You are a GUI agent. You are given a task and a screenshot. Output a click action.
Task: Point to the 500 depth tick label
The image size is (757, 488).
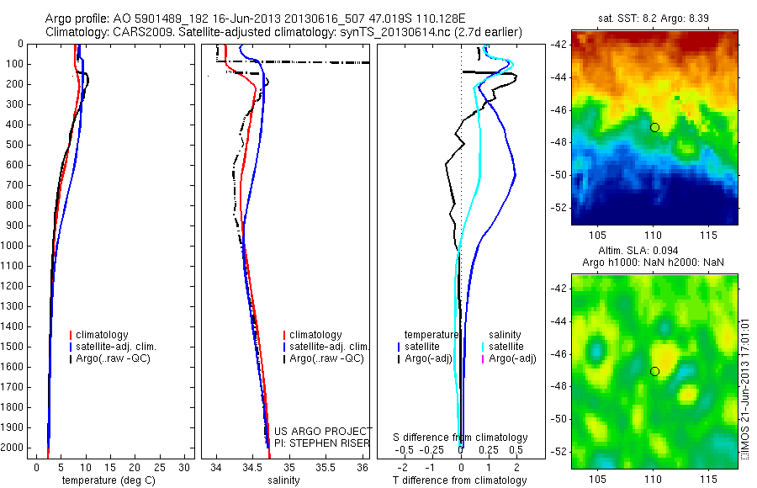click(14, 145)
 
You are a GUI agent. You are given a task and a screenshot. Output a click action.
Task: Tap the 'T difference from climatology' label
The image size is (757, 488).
click(459, 480)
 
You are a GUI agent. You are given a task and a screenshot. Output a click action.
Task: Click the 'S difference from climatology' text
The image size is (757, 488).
click(460, 438)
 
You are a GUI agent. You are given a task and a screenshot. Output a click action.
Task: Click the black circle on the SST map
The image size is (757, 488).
click(654, 127)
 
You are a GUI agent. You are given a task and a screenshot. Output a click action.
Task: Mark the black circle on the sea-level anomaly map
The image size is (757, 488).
click(654, 371)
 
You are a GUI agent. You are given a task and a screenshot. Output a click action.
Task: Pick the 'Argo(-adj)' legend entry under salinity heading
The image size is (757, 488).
click(512, 358)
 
